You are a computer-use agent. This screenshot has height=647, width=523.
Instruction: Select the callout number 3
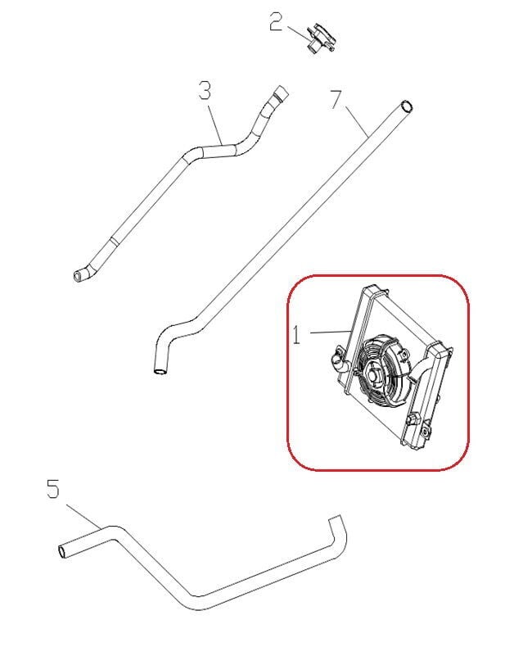click(205, 90)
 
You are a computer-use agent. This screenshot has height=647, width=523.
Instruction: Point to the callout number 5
click(53, 489)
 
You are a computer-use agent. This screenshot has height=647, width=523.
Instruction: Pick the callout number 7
click(336, 99)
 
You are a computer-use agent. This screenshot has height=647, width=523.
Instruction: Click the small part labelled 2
click(322, 38)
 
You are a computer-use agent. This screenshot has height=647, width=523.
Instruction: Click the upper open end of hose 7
click(407, 106)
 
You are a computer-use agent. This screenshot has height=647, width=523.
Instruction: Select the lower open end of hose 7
click(160, 371)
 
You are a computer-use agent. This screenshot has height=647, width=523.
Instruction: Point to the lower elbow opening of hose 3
click(78, 275)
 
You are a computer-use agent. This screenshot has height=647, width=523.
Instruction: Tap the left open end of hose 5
click(62, 552)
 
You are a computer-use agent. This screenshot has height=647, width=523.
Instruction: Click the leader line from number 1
click(330, 332)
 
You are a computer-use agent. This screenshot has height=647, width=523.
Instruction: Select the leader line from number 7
click(357, 122)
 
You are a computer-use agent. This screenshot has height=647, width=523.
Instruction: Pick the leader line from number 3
click(216, 125)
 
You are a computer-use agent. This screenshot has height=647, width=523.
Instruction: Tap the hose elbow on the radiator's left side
click(339, 360)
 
